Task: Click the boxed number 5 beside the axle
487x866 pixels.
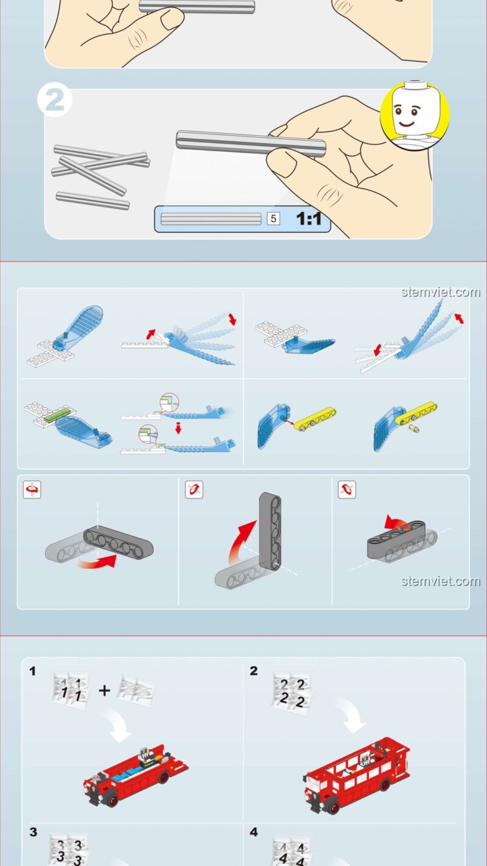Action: point(273,219)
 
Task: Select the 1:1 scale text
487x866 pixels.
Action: point(309,219)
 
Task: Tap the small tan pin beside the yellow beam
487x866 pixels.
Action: point(415,428)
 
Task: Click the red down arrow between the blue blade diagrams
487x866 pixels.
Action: point(178,428)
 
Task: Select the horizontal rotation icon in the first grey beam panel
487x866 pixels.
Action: point(32,490)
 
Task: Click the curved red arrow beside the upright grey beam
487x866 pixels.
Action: point(240,541)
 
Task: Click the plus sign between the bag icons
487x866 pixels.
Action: point(104,690)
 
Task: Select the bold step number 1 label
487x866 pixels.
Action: point(32,671)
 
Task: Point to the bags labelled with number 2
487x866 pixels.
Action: point(292,694)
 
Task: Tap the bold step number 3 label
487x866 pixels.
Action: point(33,832)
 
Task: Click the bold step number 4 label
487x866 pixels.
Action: point(254,832)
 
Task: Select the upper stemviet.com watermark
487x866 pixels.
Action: point(441,292)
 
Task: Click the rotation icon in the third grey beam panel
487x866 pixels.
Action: point(347,490)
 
